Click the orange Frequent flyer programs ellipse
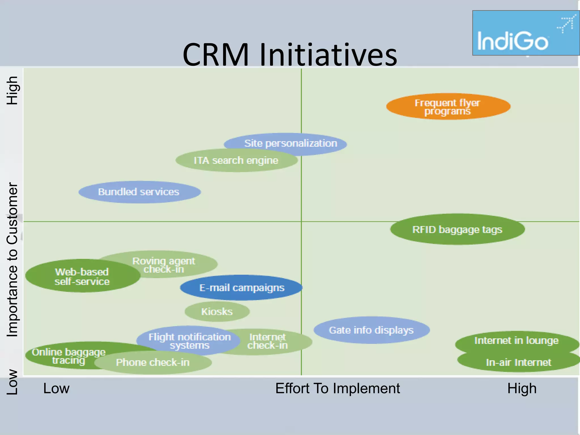[x=448, y=106]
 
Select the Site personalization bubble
[x=291, y=143]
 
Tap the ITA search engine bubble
[x=236, y=161]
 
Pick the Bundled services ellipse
[x=139, y=192]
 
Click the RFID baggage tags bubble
[x=457, y=229]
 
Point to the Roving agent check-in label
[x=164, y=265]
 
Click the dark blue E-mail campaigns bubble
[x=242, y=288]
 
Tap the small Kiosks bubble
[x=217, y=312]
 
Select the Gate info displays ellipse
[x=371, y=330]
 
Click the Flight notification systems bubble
[x=189, y=341]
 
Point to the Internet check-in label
[x=268, y=341]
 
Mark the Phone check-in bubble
[x=153, y=362]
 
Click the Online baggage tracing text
[x=69, y=356]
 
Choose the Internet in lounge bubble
[x=516, y=340]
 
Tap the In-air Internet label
[x=518, y=362]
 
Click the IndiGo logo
[x=526, y=33]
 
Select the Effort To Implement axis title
[x=337, y=388]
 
